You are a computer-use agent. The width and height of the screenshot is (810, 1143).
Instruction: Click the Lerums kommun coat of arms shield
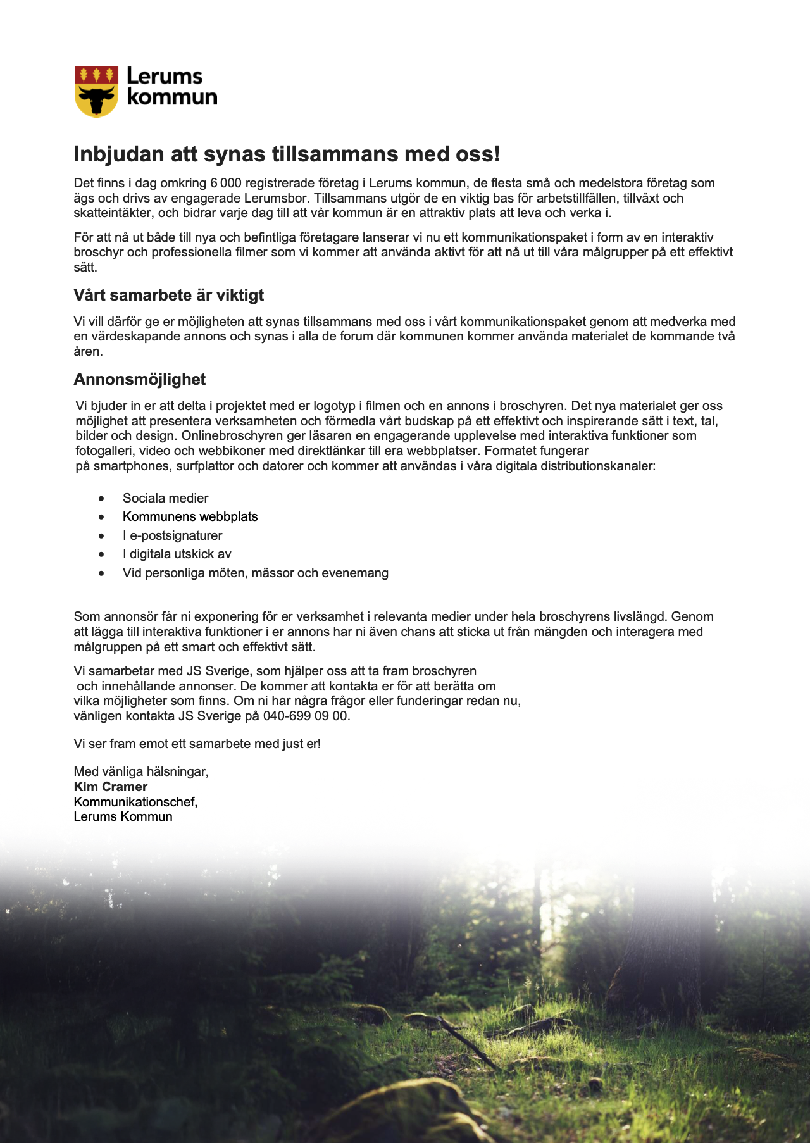(x=96, y=91)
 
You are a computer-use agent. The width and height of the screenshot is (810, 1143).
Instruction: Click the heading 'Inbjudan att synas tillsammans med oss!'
(x=287, y=154)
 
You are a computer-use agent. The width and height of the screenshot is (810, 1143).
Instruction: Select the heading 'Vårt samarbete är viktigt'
(x=168, y=295)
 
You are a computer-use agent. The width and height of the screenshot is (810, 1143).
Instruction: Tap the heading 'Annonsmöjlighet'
(x=139, y=379)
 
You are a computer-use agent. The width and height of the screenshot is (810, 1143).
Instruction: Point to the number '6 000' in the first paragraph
(x=226, y=184)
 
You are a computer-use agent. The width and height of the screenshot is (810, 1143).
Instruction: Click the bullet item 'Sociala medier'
(x=165, y=498)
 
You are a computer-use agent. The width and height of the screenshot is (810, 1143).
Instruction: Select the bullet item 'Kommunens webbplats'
(x=190, y=516)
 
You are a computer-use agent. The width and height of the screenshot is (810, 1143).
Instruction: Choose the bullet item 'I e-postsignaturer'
(x=172, y=535)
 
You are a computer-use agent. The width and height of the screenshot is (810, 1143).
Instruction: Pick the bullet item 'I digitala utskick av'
(x=177, y=554)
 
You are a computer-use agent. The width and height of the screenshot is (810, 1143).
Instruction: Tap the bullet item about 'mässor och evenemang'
(x=255, y=573)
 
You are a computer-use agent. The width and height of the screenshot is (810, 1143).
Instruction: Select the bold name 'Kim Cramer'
(x=110, y=787)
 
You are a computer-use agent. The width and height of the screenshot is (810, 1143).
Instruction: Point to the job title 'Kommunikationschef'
(x=135, y=802)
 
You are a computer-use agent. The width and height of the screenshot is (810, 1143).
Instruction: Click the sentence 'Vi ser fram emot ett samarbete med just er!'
(x=197, y=744)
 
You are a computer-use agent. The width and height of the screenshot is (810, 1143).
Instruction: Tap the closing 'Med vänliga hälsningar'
(x=140, y=771)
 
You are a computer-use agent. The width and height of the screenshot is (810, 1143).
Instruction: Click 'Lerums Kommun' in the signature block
(x=123, y=816)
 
